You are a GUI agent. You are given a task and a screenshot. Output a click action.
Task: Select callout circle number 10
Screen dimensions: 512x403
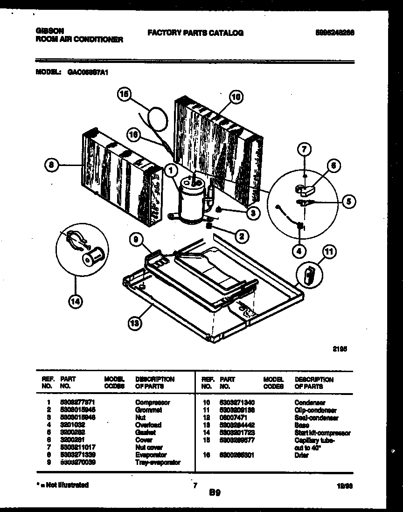pyautogui.click(x=236, y=97)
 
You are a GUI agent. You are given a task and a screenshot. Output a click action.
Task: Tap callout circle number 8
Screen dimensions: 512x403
pyautogui.click(x=51, y=164)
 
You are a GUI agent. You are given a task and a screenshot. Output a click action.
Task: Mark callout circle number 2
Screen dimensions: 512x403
pyautogui.click(x=241, y=237)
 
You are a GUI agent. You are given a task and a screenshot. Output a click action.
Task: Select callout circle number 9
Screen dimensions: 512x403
pyautogui.click(x=135, y=240)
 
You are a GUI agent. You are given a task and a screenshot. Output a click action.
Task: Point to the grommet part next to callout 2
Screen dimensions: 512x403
pyautogui.click(x=209, y=226)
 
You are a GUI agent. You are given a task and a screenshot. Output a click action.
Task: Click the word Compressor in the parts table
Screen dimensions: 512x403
pyautogui.click(x=153, y=402)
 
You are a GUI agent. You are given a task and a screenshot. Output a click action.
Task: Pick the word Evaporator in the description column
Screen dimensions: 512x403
pyautogui.click(x=151, y=455)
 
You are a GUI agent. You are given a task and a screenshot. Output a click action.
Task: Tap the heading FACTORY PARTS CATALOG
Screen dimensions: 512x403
pyautogui.click(x=195, y=33)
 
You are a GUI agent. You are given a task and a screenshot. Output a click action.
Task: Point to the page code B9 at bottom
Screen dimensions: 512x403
pyautogui.click(x=215, y=492)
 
